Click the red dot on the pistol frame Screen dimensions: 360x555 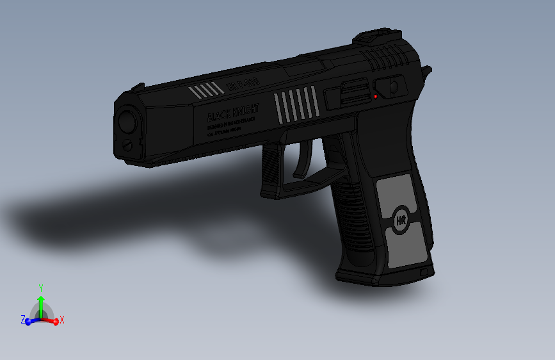pos(375,96)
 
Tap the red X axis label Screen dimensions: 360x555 pos(63,320)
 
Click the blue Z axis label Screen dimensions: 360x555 pos(23,319)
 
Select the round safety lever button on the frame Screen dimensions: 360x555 pos(393,85)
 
